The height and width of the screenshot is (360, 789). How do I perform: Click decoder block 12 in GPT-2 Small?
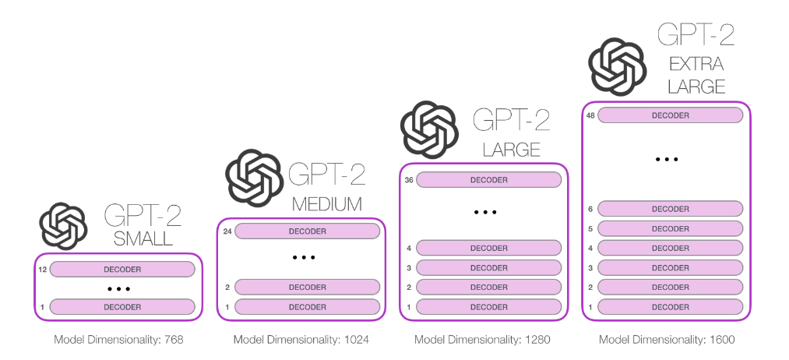point(122,270)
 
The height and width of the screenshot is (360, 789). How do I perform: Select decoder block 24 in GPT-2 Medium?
point(308,231)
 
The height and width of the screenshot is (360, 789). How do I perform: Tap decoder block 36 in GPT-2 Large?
point(488,180)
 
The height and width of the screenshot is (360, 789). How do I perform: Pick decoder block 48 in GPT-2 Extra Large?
point(671,115)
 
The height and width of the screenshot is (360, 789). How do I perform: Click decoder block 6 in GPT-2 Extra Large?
point(671,209)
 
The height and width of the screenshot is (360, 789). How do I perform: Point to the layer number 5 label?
point(590,228)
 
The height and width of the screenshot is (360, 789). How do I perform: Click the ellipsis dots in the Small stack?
point(119,289)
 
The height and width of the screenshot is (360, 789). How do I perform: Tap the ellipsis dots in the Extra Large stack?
point(667,159)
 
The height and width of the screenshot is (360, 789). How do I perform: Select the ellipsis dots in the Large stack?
point(485,213)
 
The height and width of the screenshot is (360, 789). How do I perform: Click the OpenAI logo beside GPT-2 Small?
point(63,226)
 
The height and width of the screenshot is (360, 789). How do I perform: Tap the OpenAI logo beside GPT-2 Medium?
point(254,178)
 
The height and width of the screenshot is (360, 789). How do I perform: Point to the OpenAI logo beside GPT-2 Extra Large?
point(618,66)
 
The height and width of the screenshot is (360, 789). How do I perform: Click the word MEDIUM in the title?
point(327,204)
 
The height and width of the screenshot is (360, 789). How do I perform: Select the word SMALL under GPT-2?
point(143,238)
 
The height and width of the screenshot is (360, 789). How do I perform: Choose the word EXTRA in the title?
point(696,64)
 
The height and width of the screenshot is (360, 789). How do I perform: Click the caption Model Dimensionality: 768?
point(118,340)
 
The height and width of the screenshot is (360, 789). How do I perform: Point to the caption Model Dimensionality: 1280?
point(482,340)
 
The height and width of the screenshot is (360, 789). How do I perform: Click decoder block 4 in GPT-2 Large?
point(488,249)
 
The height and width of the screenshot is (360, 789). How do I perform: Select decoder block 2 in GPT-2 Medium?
point(308,287)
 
